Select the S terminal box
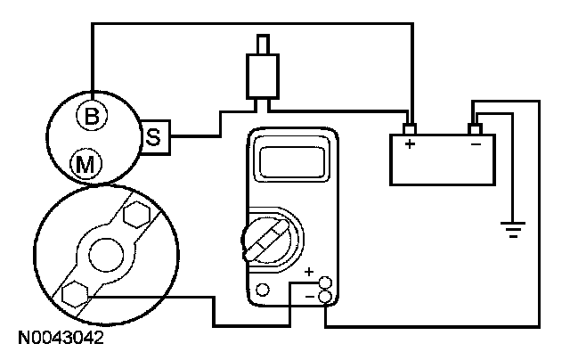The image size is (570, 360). point(154,136)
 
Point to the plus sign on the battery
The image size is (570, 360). point(411,143)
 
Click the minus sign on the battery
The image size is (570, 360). point(475,143)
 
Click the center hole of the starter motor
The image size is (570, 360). point(106,252)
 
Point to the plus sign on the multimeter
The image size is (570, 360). point(309,272)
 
